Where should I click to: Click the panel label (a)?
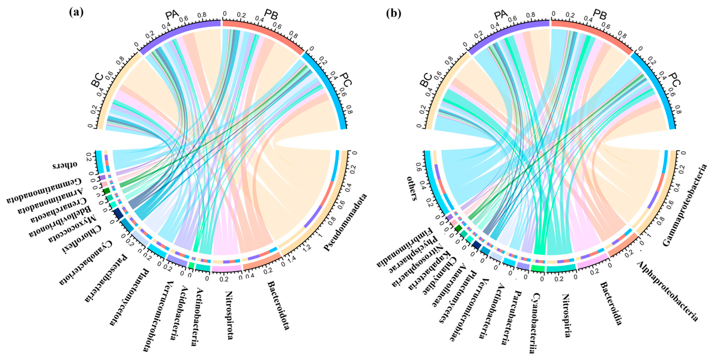(x=76, y=13)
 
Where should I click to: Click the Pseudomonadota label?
(x=345, y=222)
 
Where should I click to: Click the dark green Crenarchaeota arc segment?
(x=106, y=191)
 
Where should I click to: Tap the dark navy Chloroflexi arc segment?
(x=118, y=213)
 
